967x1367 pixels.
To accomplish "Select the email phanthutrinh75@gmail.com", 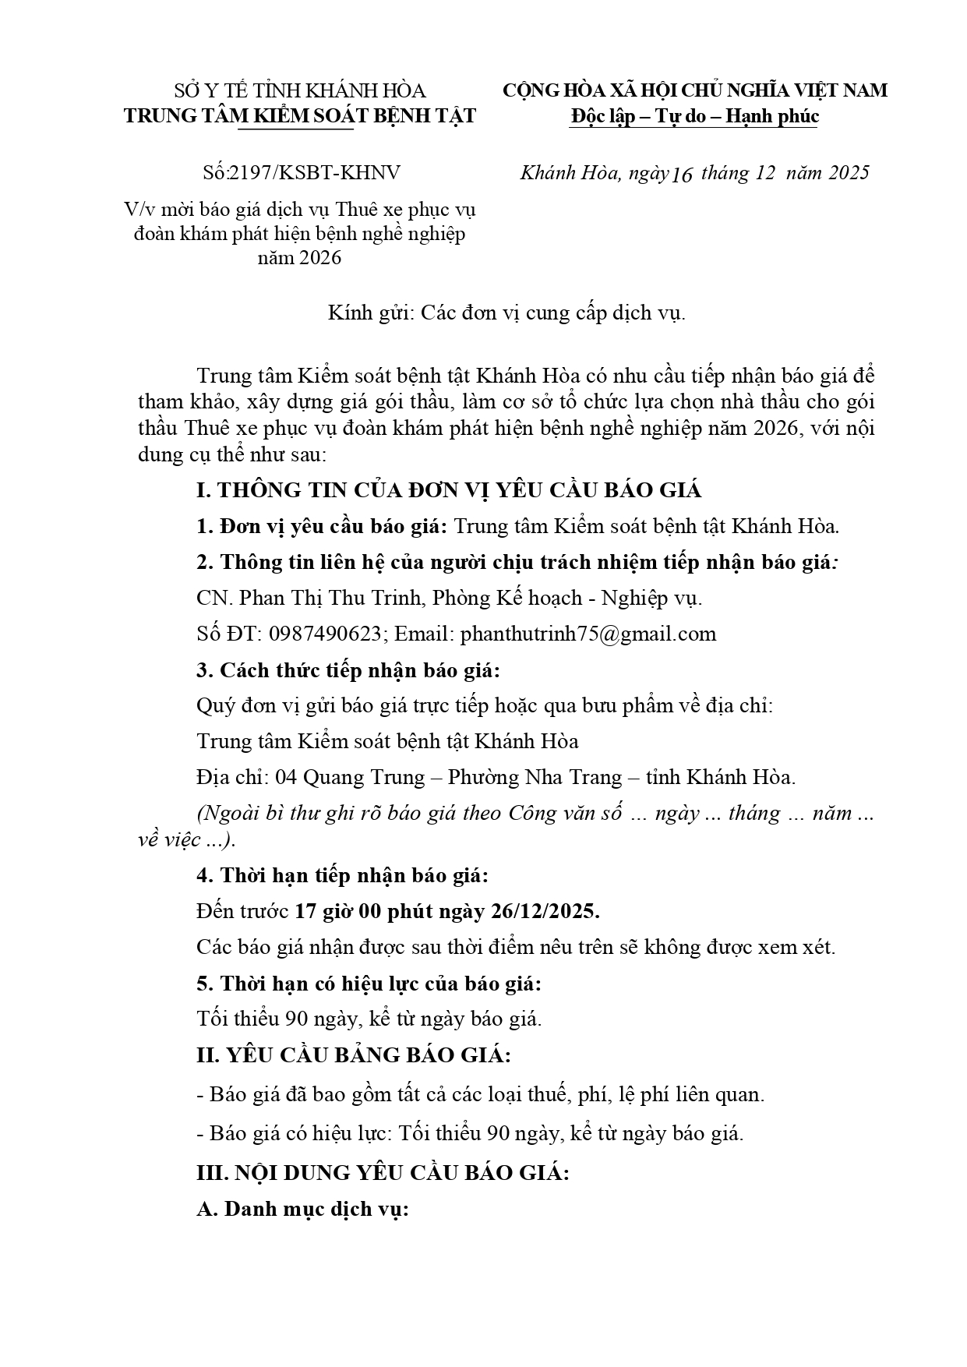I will pos(588,634).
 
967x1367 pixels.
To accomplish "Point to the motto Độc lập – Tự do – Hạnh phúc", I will pos(694,117).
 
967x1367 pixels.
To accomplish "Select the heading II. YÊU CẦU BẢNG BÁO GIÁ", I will pos(354,1056).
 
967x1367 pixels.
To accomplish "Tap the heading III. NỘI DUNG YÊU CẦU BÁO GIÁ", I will pos(383,1173).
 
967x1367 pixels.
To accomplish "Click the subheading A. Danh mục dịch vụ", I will pos(303,1210).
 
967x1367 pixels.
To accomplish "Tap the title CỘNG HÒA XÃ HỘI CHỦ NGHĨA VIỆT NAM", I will pos(694,90).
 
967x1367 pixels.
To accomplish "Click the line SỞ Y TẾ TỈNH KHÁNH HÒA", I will pos(300,91).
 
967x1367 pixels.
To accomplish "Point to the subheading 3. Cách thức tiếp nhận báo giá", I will pos(348,670).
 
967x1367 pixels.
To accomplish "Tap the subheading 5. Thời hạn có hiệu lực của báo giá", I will pos(369,984).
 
